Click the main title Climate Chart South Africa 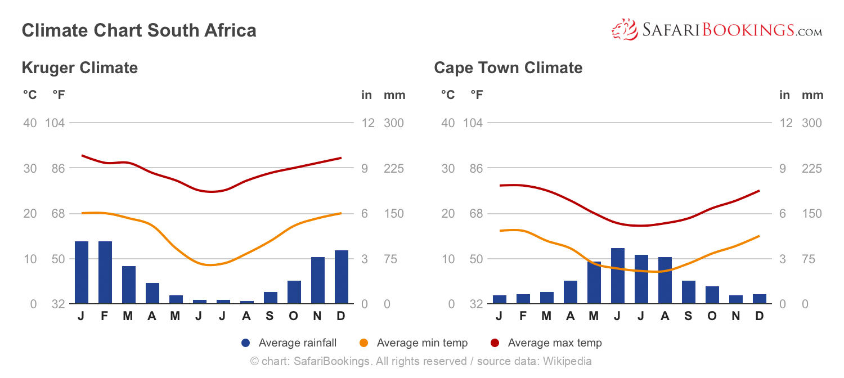tap(139, 30)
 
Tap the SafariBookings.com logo tap(717, 30)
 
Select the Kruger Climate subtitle tap(79, 68)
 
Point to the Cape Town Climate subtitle tap(508, 68)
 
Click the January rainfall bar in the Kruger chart tap(82, 273)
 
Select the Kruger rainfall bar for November tap(318, 281)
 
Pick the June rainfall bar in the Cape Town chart tap(618, 276)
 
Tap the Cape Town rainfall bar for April tap(571, 292)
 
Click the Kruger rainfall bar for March tap(129, 285)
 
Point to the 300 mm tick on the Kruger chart tap(394, 123)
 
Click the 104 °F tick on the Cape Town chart tap(473, 123)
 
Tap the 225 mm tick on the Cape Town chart tap(811, 168)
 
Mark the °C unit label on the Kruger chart tap(29, 95)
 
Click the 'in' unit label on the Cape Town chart tap(784, 95)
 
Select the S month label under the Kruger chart tap(270, 316)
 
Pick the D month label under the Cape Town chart tap(760, 316)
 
